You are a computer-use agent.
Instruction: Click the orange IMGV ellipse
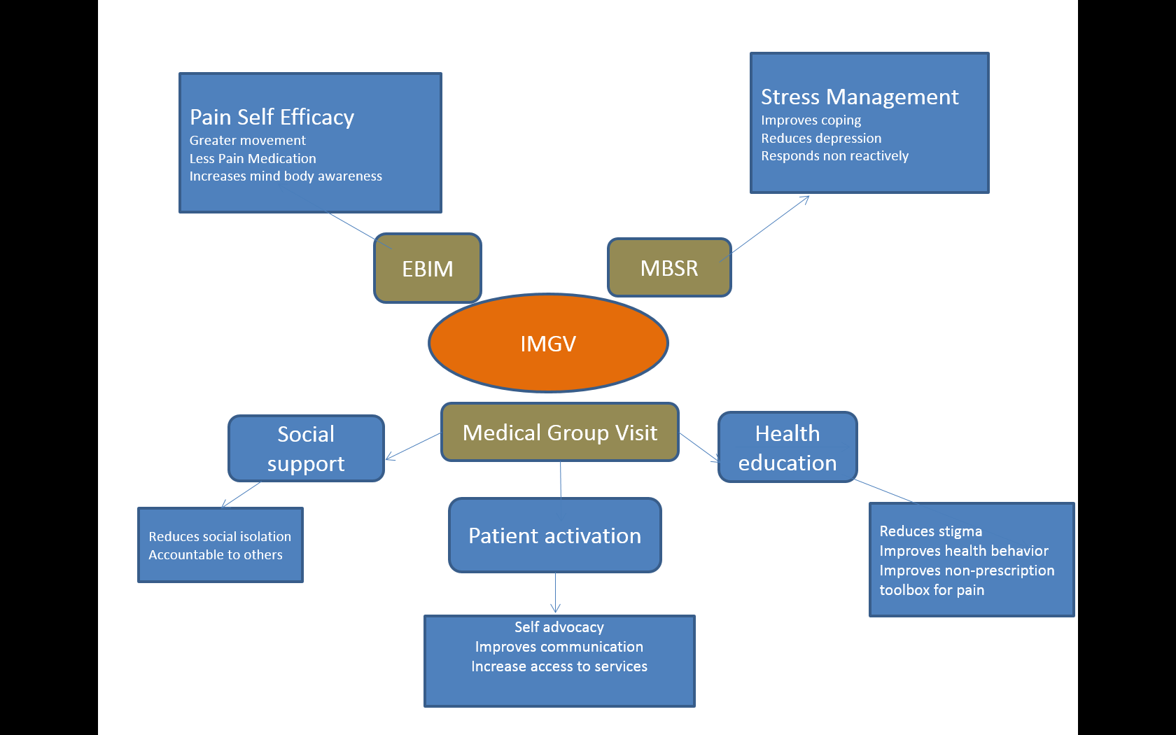pos(548,343)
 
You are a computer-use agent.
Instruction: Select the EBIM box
pos(427,268)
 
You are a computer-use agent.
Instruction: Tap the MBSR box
pos(669,267)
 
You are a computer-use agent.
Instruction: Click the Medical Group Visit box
pos(560,432)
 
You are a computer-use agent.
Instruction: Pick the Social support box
pos(306,448)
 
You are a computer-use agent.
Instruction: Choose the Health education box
pos(787,447)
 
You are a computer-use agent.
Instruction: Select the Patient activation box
pos(555,535)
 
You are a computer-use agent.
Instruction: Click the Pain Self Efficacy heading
pos(272,116)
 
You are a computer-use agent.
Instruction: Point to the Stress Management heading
pos(860,97)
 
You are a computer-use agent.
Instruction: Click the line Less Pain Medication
pos(253,158)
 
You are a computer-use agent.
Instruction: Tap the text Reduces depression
pos(821,138)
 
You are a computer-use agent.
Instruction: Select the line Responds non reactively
pos(834,156)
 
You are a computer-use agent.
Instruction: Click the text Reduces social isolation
pos(220,536)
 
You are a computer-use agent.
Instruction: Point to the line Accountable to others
pos(216,554)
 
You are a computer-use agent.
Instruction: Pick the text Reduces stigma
pos(930,531)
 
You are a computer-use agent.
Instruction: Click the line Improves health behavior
pos(963,551)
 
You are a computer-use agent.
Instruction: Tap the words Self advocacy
pos(559,627)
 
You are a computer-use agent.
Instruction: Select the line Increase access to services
pos(559,666)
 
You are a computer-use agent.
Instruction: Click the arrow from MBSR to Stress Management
pos(764,228)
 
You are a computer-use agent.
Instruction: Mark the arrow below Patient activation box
pos(556,593)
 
